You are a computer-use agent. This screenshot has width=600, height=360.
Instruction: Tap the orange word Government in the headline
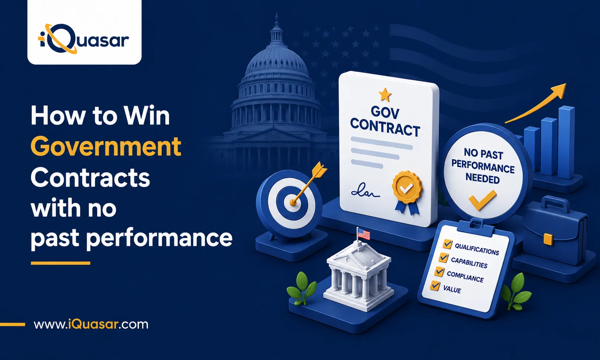(106, 147)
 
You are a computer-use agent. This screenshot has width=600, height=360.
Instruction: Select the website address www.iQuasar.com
(91, 324)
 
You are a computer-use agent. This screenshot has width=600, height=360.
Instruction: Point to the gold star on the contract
(385, 95)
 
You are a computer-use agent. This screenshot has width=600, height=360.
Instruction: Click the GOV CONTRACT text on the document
(385, 122)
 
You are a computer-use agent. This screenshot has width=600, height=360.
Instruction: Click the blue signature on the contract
(365, 191)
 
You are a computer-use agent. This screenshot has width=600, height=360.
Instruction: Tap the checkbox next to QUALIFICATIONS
(448, 244)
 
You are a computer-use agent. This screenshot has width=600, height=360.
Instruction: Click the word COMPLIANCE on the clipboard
(465, 277)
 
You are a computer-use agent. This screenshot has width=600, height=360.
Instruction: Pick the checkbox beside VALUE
(435, 286)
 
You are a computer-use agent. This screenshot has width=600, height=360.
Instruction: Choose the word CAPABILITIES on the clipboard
(469, 263)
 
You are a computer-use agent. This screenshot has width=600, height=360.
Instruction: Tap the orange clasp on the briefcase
(548, 239)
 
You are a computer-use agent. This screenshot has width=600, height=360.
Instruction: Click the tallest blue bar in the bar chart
(566, 142)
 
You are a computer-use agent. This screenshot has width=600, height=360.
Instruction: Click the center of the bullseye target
(293, 203)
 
